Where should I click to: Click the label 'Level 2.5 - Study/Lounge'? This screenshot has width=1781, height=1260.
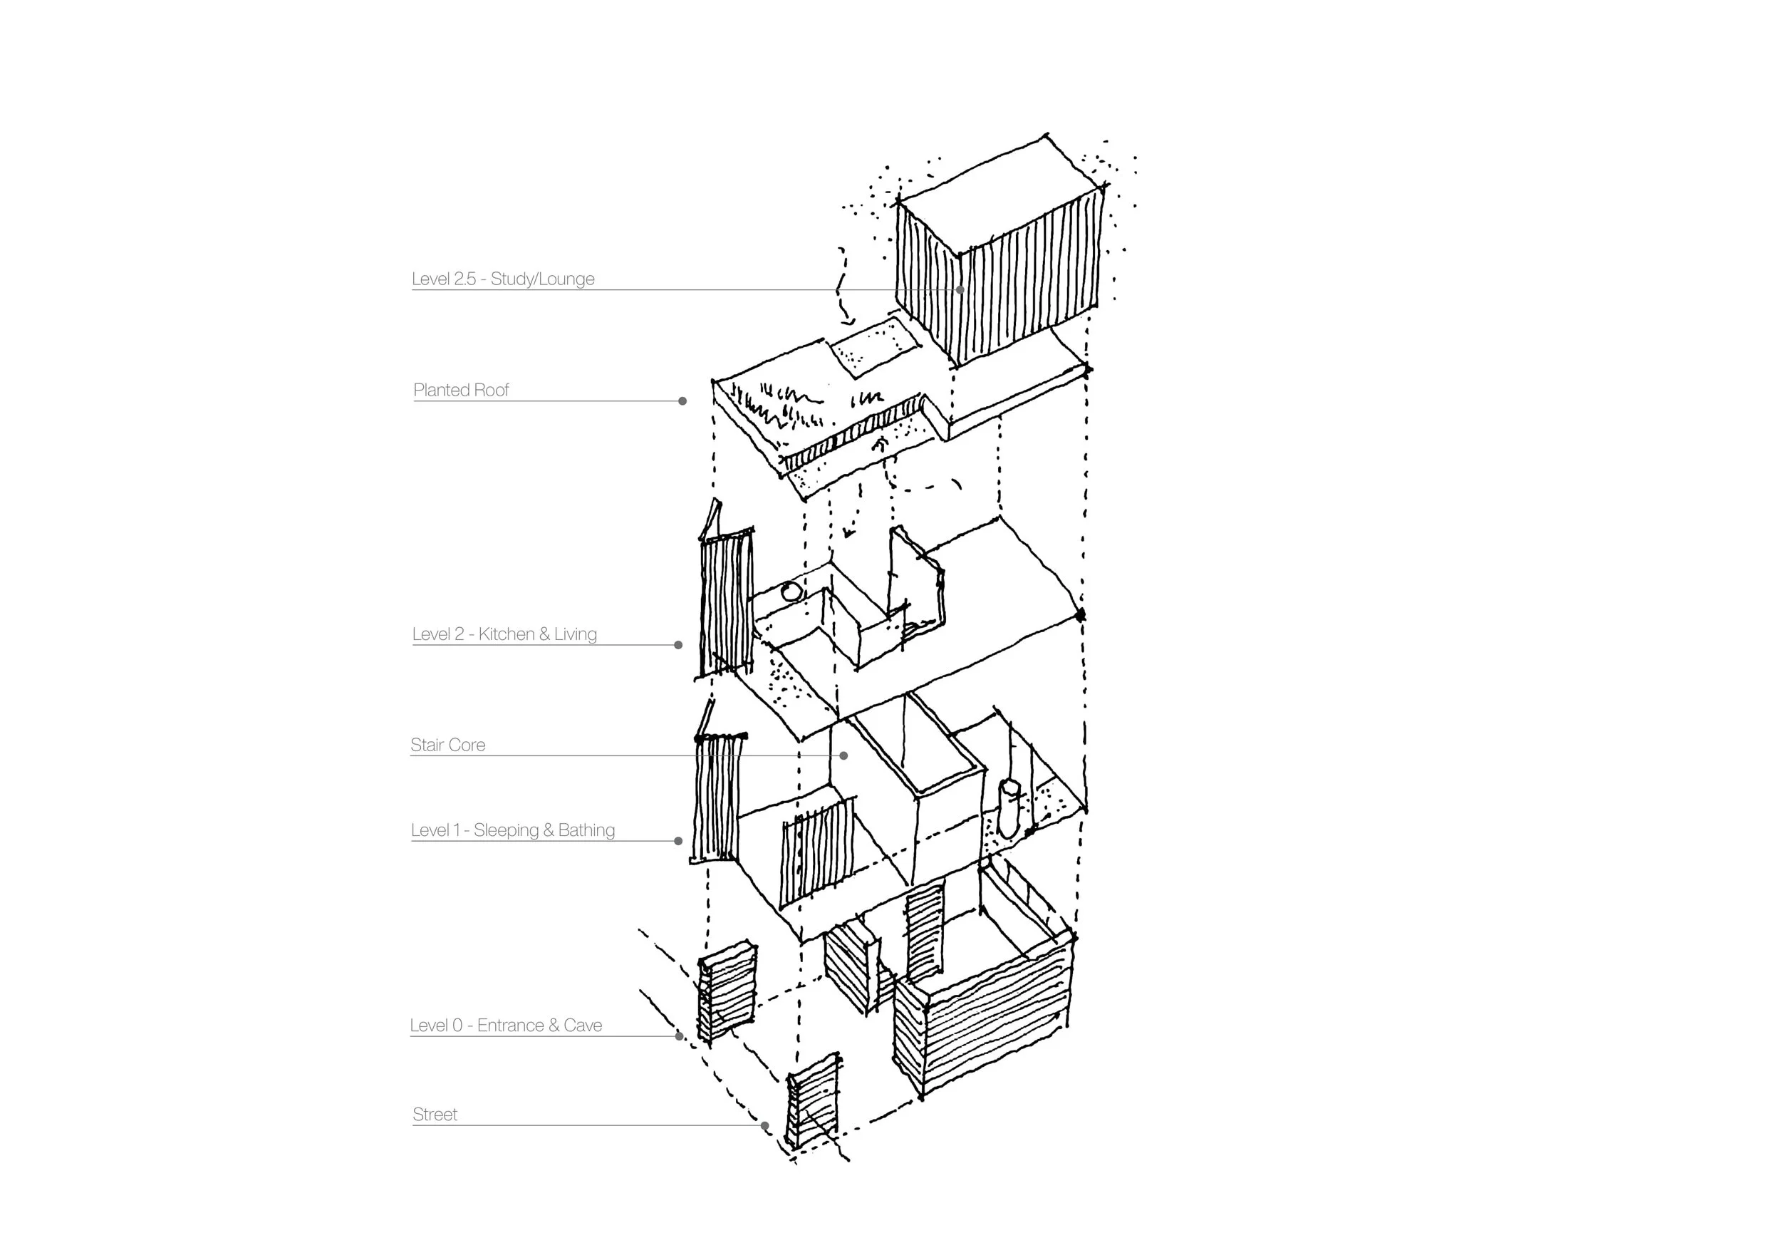(503, 279)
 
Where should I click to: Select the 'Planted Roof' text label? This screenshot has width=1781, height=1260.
(461, 391)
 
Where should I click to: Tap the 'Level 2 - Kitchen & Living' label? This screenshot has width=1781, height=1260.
(504, 634)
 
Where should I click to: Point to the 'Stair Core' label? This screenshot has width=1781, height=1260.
(447, 745)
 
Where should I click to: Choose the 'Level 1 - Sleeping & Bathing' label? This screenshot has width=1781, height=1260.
(513, 830)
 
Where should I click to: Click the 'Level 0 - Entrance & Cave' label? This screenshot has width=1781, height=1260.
(506, 1025)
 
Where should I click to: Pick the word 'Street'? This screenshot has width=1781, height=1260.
(435, 1115)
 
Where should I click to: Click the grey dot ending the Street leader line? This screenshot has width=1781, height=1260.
(765, 1126)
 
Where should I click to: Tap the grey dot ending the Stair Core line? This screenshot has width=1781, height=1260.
(844, 755)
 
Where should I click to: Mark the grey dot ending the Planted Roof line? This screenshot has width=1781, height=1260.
(682, 401)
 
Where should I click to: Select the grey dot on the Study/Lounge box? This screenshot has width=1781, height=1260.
(960, 290)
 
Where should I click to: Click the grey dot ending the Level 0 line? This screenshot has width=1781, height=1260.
(680, 1036)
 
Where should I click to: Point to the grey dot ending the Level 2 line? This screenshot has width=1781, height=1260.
(679, 645)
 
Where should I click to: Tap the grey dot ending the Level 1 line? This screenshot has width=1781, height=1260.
(679, 841)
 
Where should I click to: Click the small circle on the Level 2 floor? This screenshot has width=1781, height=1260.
(791, 593)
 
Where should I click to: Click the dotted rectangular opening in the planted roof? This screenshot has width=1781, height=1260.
(875, 347)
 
